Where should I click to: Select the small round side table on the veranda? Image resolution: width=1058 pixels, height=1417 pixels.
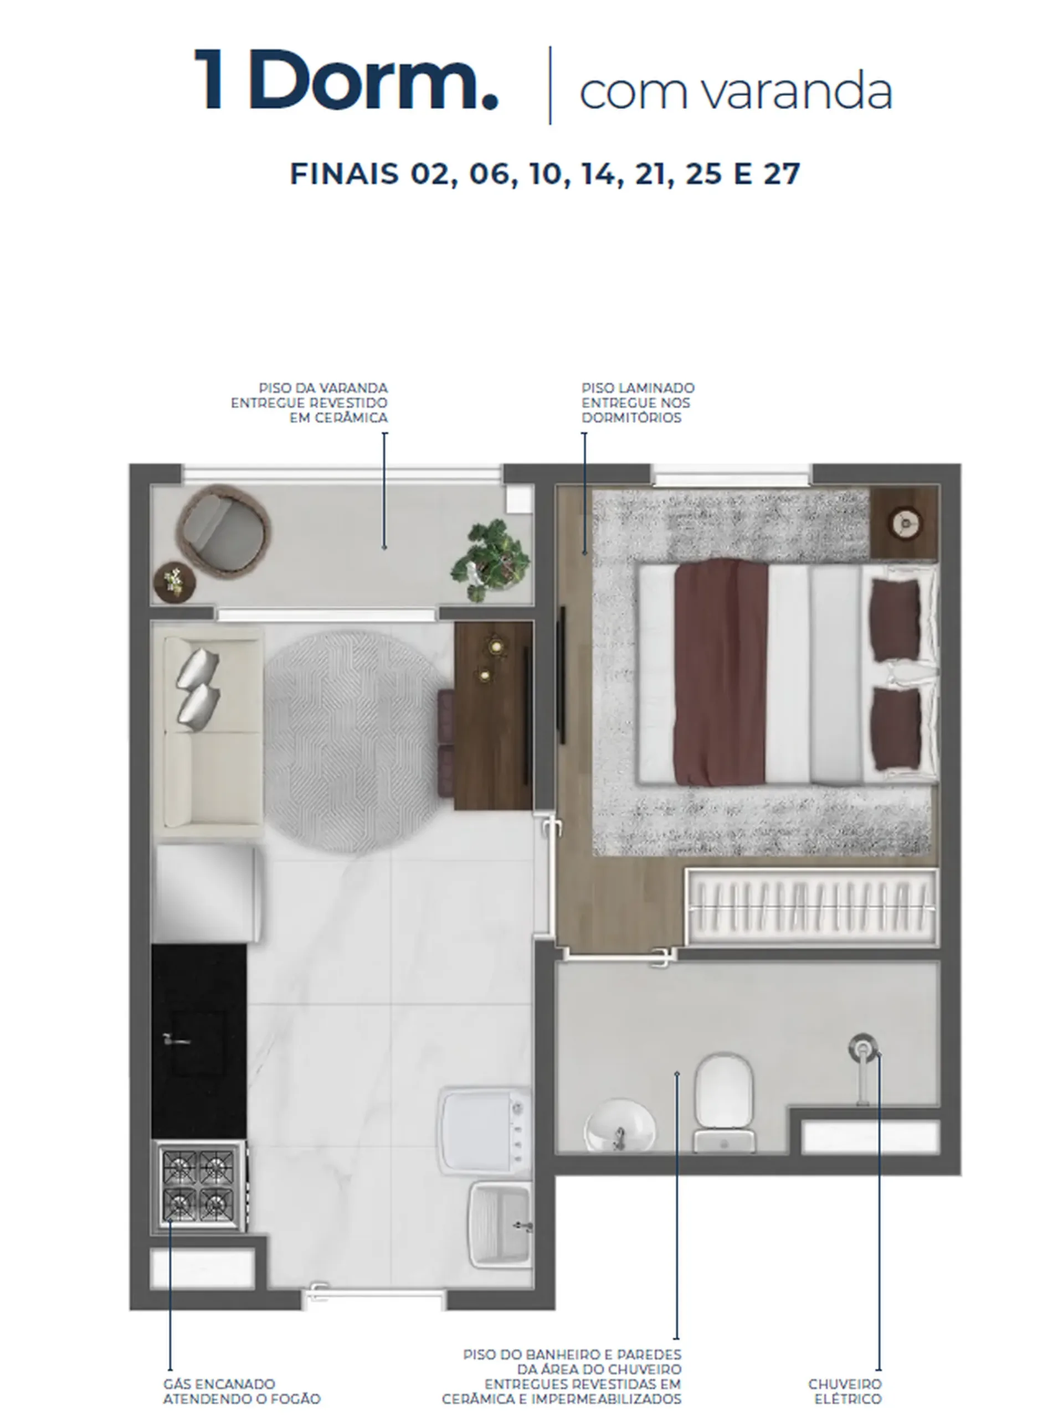[x=174, y=581]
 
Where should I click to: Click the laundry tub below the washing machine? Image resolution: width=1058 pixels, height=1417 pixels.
[x=501, y=1224]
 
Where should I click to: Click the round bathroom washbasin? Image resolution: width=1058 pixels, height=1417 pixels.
[x=619, y=1125]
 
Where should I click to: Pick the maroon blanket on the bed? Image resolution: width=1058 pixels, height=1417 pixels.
[x=721, y=672]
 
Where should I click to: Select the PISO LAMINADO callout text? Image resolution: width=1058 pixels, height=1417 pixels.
[x=638, y=402]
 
